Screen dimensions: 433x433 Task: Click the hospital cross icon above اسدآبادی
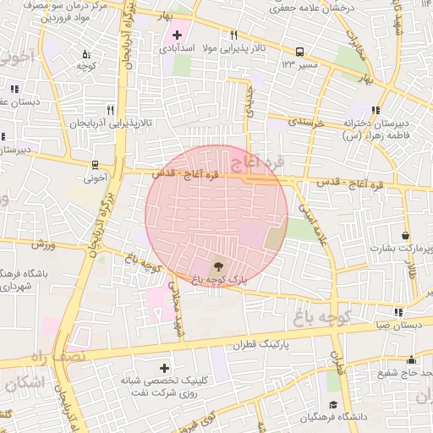177,35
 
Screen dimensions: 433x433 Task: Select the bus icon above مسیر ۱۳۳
300,51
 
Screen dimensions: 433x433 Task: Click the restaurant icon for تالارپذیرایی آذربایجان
110,110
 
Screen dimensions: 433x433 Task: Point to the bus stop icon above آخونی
95,165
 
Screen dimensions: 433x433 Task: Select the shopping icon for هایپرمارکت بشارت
407,235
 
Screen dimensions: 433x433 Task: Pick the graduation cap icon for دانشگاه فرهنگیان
334,404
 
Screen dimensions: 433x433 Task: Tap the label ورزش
43,244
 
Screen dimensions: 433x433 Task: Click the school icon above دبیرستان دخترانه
375,109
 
